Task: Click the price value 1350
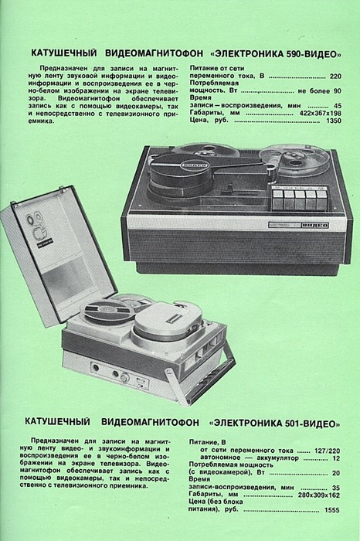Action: coord(333,121)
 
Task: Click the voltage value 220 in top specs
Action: coord(335,77)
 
